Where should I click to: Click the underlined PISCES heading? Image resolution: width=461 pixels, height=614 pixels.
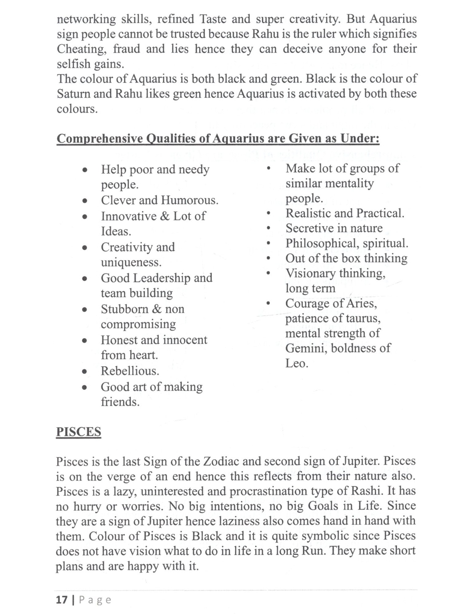78,432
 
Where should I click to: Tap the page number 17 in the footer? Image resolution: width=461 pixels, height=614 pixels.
61,600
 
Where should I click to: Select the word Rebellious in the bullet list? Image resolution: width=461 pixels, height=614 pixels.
130,371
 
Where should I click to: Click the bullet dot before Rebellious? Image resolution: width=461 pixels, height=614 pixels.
85,372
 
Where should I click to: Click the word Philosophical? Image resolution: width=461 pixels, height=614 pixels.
322,243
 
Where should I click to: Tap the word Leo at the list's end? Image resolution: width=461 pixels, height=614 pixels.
296,363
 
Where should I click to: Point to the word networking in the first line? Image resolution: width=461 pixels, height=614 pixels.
86,19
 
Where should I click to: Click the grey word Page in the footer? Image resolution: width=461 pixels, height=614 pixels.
95,600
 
